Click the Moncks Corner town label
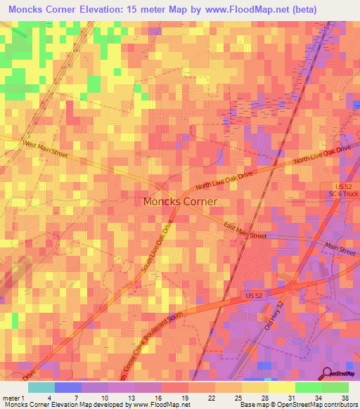(x=180, y=201)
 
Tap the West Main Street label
(x=49, y=150)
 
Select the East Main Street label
(x=245, y=231)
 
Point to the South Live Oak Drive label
(x=159, y=250)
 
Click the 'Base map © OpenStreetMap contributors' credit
(x=296, y=405)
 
